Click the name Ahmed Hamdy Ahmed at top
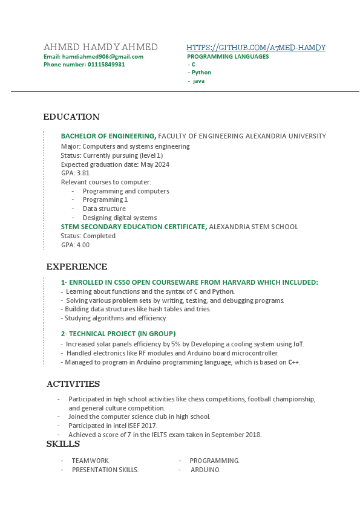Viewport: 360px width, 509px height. pos(100,47)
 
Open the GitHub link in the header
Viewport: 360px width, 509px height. pos(256,47)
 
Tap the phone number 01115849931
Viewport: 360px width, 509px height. pos(106,64)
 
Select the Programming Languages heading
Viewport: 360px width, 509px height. pos(228,56)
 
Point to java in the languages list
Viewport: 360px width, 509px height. pos(198,80)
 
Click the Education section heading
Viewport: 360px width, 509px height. pos(71,117)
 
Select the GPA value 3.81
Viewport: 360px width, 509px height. pos(83,173)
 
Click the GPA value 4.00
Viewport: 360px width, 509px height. pos(83,245)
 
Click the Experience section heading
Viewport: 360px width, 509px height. pos(77,267)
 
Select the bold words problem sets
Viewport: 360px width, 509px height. pos(132,300)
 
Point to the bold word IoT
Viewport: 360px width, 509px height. pos(298,344)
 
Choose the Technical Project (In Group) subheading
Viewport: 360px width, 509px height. pos(118,333)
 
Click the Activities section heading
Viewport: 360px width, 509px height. pos(73,384)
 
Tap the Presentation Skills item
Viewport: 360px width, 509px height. pos(105,470)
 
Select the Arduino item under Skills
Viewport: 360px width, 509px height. pos(206,470)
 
